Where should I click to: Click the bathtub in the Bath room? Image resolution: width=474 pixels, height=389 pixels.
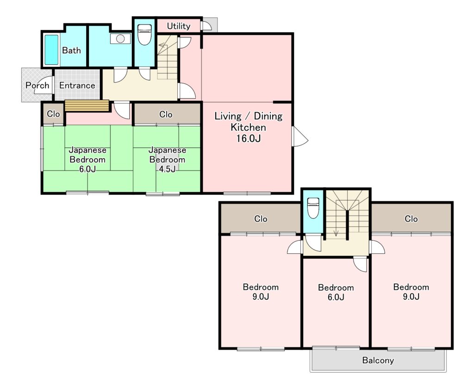tap(51, 50)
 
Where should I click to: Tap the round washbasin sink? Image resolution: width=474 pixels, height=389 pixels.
tap(120, 39)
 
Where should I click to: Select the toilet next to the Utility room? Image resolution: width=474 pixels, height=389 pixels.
tap(144, 34)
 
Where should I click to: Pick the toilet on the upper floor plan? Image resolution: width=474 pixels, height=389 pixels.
tap(313, 207)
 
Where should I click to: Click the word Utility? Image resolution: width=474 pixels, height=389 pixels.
tap(179, 26)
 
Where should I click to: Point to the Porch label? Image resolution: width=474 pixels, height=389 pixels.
tap(37, 85)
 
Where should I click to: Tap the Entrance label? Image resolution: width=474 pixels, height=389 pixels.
tap(77, 85)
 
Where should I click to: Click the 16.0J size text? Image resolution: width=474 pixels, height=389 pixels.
tap(249, 138)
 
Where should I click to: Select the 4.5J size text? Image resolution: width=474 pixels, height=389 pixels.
tap(167, 169)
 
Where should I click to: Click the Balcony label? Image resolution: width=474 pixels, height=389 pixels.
tap(378, 360)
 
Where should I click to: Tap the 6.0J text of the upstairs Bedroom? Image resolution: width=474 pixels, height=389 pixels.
tap(336, 297)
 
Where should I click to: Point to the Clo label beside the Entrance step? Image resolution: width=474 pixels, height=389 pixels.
tap(53, 114)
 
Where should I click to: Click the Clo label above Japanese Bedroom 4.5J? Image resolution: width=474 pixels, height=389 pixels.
tap(166, 114)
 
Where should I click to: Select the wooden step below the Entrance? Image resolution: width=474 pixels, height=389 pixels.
tap(87, 106)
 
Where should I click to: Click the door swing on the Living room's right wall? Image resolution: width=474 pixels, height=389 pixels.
tap(300, 137)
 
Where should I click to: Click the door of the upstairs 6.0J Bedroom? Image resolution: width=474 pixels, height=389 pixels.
tap(360, 264)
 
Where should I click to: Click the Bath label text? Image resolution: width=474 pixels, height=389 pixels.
tap(71, 50)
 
